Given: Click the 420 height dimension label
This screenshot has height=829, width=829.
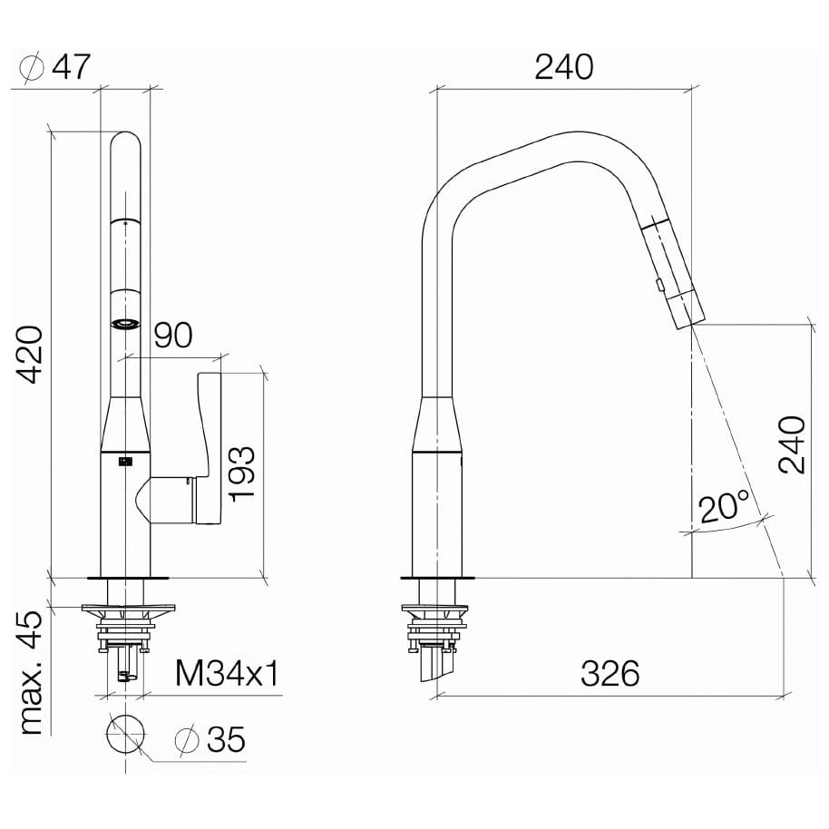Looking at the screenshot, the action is point(30,354).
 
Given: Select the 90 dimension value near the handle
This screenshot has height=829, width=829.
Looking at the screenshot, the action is point(173,335).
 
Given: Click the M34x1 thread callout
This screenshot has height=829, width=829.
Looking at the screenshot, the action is point(227,673).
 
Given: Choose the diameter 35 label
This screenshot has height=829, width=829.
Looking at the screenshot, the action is point(210,738).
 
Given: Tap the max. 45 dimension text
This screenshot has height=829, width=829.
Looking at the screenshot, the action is point(31,672).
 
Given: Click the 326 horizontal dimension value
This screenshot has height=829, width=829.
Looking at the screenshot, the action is point(610,673).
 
